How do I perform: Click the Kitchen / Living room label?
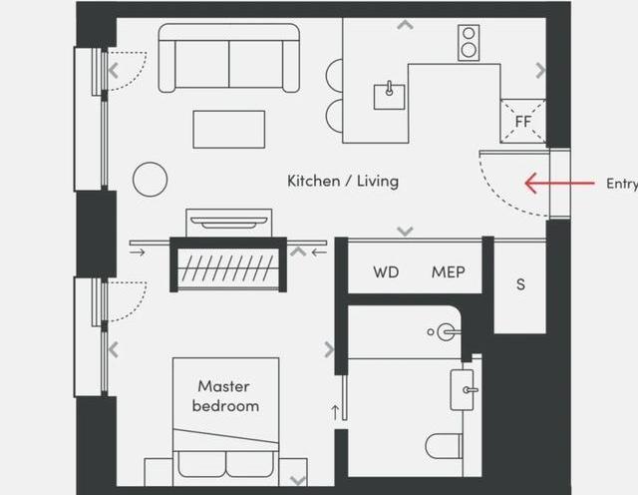(343, 181)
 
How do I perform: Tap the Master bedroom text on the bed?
(225, 396)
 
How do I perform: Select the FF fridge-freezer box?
(522, 121)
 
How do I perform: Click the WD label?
(386, 272)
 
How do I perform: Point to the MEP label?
(448, 272)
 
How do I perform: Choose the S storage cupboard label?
(520, 284)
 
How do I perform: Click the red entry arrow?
(559, 183)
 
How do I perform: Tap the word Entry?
(622, 184)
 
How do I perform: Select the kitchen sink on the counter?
(390, 96)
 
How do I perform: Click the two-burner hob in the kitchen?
(469, 43)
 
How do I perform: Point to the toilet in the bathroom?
(444, 446)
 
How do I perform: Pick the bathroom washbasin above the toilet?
(464, 390)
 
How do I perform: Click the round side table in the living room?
(151, 180)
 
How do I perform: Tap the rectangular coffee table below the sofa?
(229, 129)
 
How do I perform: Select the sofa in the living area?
(228, 58)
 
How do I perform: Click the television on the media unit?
(229, 223)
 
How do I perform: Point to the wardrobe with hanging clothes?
(228, 264)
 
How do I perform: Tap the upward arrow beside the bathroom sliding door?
(335, 412)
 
